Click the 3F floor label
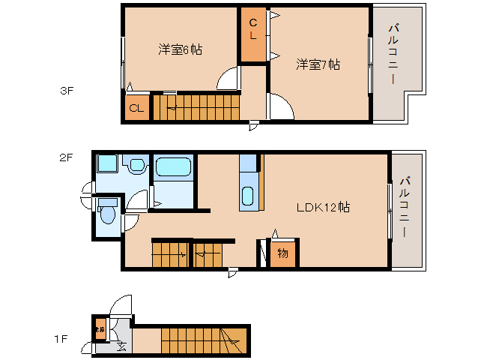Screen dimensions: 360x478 (x=67, y=92)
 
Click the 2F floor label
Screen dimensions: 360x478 (x=67, y=157)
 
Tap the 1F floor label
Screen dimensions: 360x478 (x=61, y=339)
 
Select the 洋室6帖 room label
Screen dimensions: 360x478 (x=180, y=49)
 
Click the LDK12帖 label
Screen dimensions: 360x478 (x=323, y=207)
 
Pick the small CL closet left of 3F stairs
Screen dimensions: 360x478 (x=136, y=108)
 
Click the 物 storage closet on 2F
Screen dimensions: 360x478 (x=282, y=253)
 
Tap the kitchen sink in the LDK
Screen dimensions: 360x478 (x=248, y=197)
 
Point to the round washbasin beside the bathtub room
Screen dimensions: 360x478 (x=137, y=166)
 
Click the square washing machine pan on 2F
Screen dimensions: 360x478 (x=107, y=165)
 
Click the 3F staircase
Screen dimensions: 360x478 (x=196, y=107)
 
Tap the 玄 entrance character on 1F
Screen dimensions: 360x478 (x=121, y=346)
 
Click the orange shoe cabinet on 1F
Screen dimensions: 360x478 (x=99, y=328)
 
